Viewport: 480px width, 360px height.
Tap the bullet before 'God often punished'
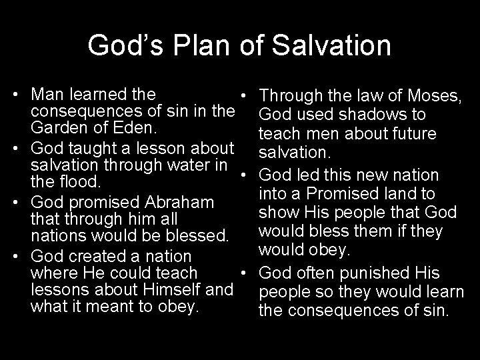coord(245,273)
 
